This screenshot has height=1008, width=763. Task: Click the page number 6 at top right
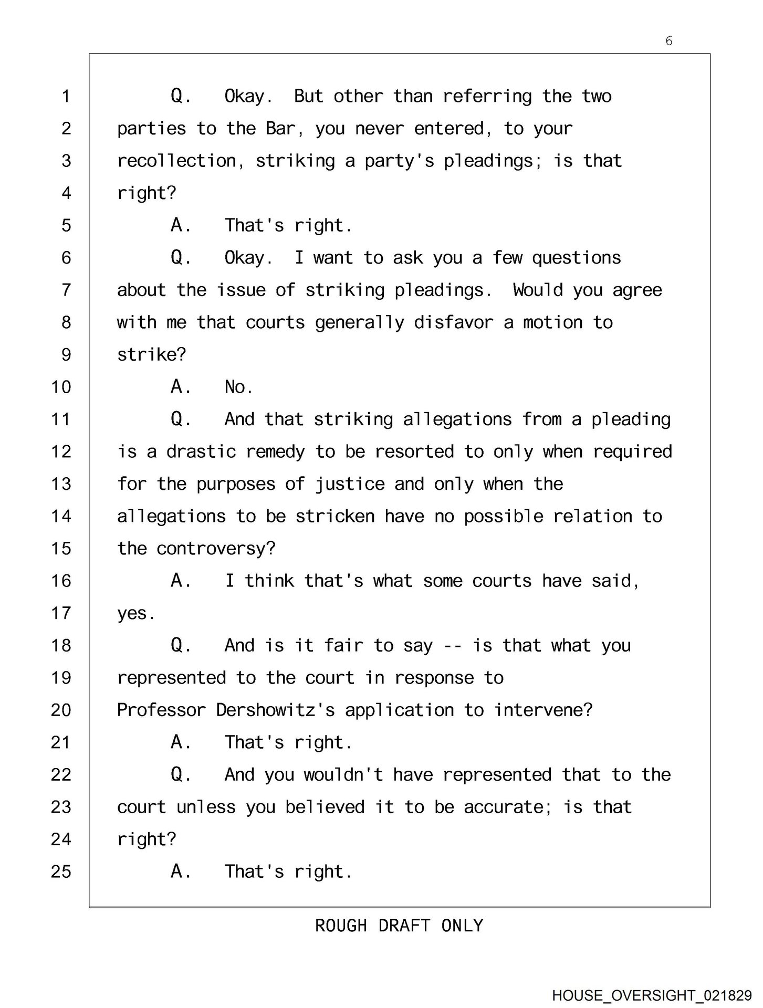pyautogui.click(x=668, y=41)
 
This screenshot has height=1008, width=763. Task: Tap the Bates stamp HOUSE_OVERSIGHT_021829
pyautogui.click(x=652, y=995)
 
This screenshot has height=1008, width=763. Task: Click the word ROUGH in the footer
pyautogui.click(x=340, y=925)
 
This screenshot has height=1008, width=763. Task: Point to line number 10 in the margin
pyautogui.click(x=61, y=387)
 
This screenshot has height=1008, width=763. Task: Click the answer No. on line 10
pyautogui.click(x=238, y=387)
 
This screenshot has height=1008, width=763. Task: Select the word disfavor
pyautogui.click(x=454, y=322)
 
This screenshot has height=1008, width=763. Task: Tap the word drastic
pyautogui.click(x=201, y=451)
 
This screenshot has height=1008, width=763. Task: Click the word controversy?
pyautogui.click(x=216, y=549)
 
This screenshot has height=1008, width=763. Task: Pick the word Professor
pyautogui.click(x=161, y=710)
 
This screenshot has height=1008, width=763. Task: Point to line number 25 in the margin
pyautogui.click(x=61, y=871)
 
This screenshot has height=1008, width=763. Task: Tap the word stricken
pyautogui.click(x=335, y=516)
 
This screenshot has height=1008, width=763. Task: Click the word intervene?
pyautogui.click(x=543, y=710)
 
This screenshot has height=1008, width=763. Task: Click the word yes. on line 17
pyautogui.click(x=136, y=613)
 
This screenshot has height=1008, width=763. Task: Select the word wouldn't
pyautogui.click(x=343, y=774)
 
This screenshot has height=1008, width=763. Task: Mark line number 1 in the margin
pyautogui.click(x=66, y=96)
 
